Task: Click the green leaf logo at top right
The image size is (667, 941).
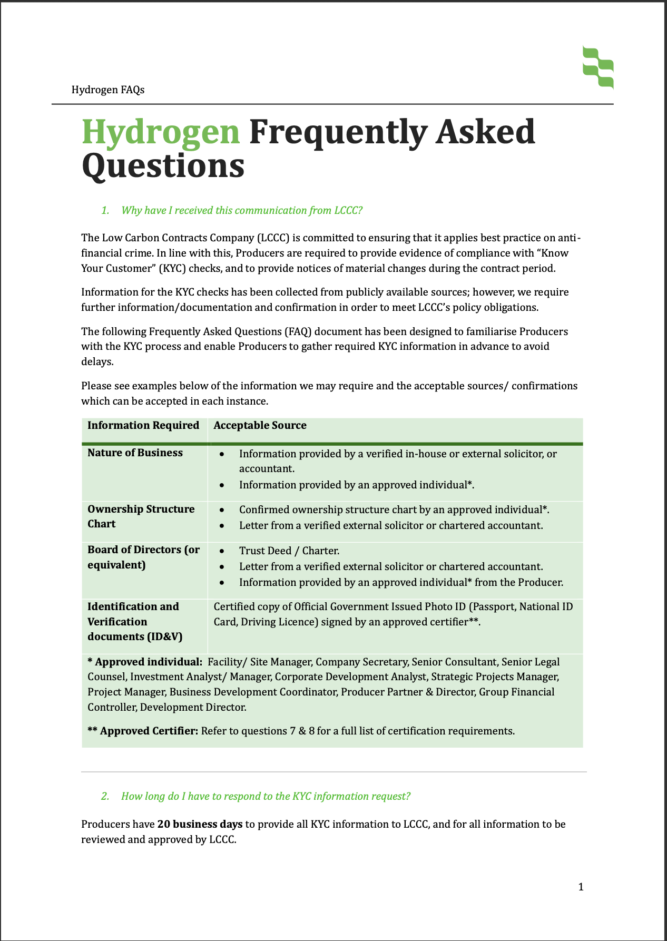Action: (x=598, y=66)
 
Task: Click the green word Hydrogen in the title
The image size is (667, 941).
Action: (x=161, y=132)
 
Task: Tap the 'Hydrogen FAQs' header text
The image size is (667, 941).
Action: (x=108, y=90)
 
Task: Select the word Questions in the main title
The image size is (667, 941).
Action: (x=163, y=165)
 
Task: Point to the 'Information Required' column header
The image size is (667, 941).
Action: (x=143, y=425)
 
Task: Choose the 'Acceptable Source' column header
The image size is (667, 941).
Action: (x=260, y=425)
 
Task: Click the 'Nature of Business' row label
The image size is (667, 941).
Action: (x=135, y=453)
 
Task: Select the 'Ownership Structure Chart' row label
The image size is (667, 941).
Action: (x=141, y=516)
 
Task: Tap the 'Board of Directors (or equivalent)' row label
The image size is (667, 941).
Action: (x=143, y=557)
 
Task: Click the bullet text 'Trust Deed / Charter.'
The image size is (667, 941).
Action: (x=289, y=551)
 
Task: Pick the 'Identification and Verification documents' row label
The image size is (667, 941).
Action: (x=135, y=621)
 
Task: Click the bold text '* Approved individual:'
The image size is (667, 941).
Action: (x=145, y=662)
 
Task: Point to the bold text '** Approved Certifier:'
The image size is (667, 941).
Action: (x=143, y=731)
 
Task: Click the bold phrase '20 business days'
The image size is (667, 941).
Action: (x=200, y=824)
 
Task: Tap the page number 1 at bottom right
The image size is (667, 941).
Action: (x=581, y=887)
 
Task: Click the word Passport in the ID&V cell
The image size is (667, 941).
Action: (x=493, y=606)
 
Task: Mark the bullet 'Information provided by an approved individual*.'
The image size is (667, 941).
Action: (x=357, y=485)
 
